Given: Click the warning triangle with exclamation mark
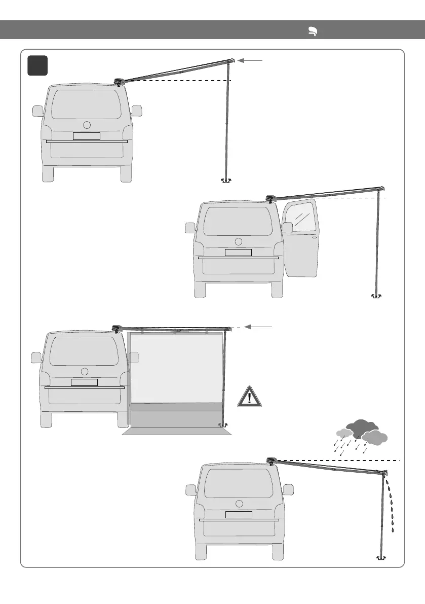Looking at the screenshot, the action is (249, 397).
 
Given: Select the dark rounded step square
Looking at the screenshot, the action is (38, 65).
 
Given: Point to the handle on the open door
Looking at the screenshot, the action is (315, 237).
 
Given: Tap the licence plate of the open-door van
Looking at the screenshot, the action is (238, 253).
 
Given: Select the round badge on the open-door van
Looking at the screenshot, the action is (239, 241).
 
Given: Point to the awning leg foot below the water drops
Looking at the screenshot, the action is (379, 557).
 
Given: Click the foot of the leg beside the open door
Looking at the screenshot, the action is (376, 296).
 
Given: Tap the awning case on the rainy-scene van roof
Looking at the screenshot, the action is (272, 459).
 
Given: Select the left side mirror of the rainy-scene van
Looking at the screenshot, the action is (190, 489).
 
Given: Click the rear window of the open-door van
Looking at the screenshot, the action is (238, 221).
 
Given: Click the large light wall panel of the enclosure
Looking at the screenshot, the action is (176, 368).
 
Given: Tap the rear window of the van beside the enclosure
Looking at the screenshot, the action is (84, 351).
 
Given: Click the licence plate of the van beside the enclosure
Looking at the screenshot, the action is (84, 382).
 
